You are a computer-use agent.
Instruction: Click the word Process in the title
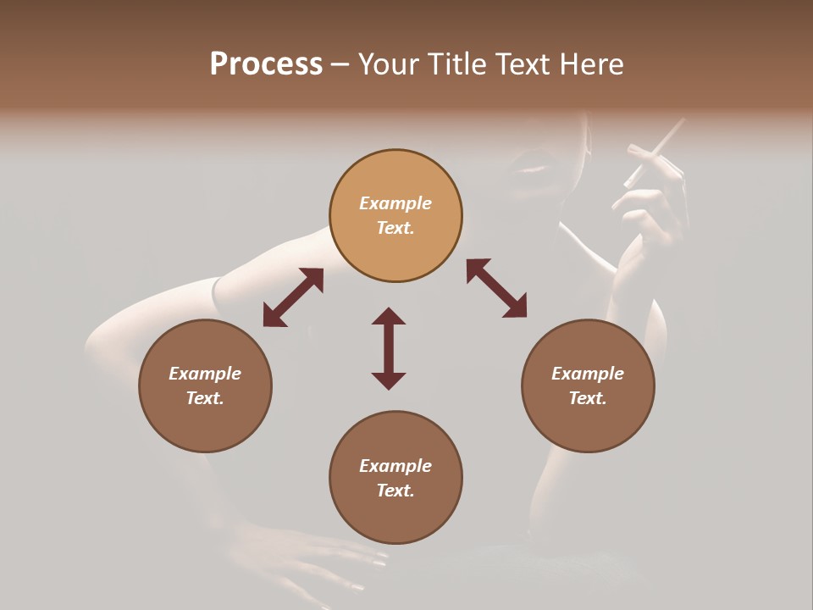pyautogui.click(x=266, y=64)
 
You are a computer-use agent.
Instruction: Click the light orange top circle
pyautogui.click(x=395, y=216)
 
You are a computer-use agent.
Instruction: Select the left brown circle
pyautogui.click(x=205, y=385)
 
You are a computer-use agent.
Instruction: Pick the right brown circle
pyautogui.click(x=588, y=385)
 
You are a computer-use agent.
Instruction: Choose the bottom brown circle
pyautogui.click(x=395, y=478)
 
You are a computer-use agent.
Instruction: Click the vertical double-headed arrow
pyautogui.click(x=389, y=348)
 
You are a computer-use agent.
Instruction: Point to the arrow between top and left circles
pyautogui.click(x=293, y=297)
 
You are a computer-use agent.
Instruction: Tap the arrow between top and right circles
pyautogui.click(x=496, y=288)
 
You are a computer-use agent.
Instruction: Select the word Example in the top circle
pyautogui.click(x=395, y=203)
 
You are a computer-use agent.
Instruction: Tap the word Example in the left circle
pyautogui.click(x=205, y=374)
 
